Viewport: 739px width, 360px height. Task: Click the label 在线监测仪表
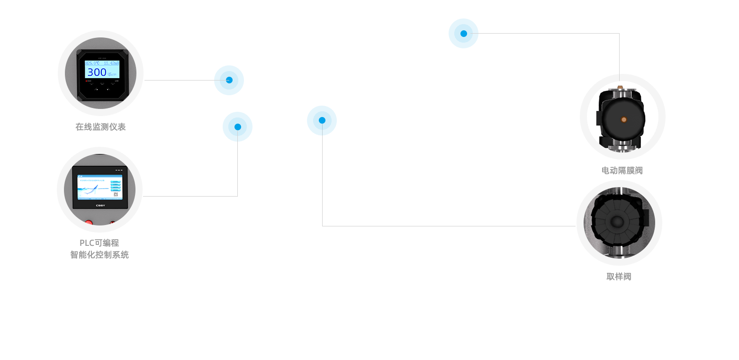tap(100, 127)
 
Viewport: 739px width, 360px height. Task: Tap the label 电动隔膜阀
tap(622, 171)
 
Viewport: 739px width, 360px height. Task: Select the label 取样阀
tap(619, 277)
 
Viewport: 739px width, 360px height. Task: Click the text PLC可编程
tap(99, 243)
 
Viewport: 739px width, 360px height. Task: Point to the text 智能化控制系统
tap(99, 255)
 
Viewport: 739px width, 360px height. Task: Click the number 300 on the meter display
tap(97, 72)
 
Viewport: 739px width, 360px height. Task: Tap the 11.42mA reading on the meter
tap(111, 63)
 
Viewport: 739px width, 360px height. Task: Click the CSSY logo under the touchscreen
tap(100, 205)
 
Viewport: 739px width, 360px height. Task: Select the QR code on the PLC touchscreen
tap(116, 194)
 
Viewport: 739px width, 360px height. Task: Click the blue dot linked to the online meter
tap(229, 80)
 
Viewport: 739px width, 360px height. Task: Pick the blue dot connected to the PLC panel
tap(237, 126)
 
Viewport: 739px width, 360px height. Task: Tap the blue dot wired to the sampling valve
tap(322, 120)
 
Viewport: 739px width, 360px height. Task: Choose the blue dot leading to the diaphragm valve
tap(463, 33)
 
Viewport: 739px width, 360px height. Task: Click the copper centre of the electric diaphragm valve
tap(624, 119)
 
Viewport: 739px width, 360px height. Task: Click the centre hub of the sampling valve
tap(617, 222)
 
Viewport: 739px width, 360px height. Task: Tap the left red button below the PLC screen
tap(89, 222)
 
